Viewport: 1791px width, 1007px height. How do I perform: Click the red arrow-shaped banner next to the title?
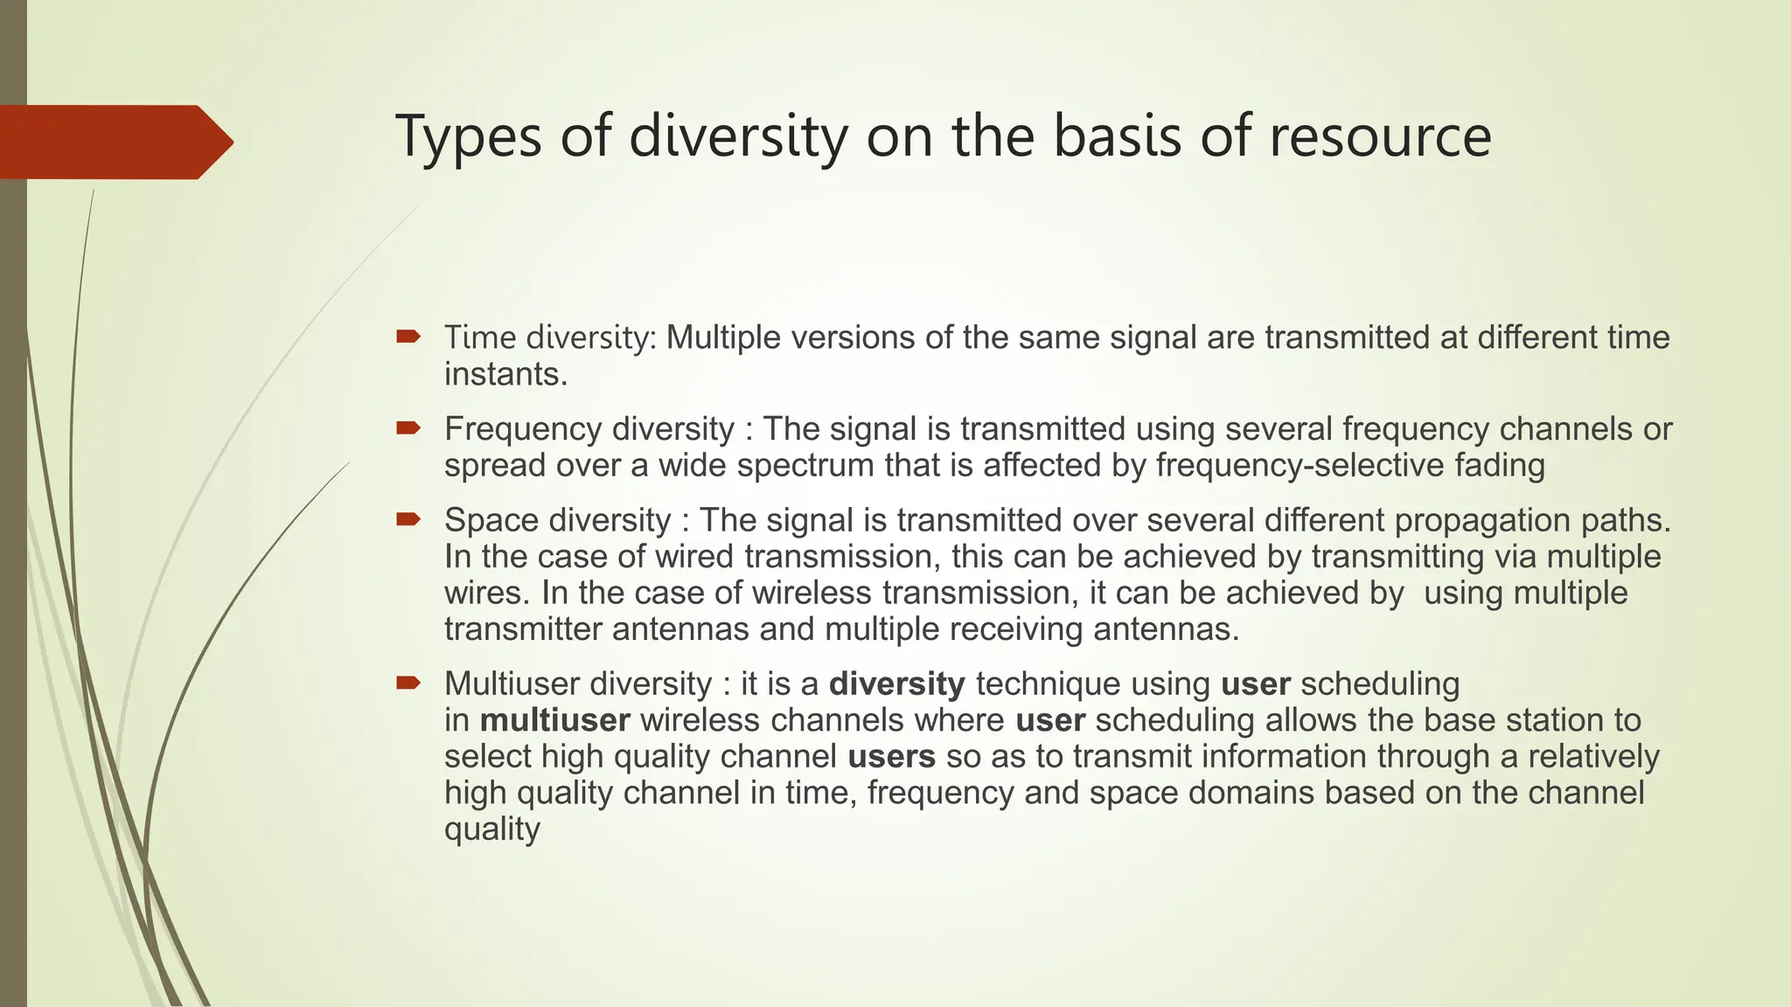click(114, 142)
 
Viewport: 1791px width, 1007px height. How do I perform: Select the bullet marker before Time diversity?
click(408, 337)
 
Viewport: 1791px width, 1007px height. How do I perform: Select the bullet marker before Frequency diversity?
click(408, 428)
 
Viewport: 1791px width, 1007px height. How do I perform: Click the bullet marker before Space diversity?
click(408, 519)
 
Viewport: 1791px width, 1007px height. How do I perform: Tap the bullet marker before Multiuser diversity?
click(408, 683)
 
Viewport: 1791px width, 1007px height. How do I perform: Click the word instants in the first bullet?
click(505, 374)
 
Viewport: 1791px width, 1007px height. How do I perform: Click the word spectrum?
click(805, 465)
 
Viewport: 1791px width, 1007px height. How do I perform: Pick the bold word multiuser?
click(554, 720)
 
